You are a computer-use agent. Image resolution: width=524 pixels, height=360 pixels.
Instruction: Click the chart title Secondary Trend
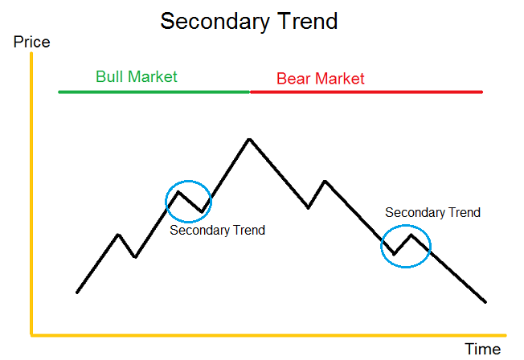(248, 20)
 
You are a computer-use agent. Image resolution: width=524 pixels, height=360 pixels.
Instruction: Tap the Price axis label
(31, 42)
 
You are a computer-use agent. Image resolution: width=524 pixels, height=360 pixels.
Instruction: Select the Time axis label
(482, 348)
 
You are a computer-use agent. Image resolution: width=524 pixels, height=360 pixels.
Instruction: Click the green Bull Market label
(136, 77)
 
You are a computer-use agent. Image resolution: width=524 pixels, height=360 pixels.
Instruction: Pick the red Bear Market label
(320, 79)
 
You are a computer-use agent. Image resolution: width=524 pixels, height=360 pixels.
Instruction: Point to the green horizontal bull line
(153, 92)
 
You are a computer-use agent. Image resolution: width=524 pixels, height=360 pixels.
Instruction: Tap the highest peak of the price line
(250, 139)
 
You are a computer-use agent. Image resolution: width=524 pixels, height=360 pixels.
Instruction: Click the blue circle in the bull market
(188, 201)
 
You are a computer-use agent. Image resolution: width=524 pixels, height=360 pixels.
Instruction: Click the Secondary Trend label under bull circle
(217, 231)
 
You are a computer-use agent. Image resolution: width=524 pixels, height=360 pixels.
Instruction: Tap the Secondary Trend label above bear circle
(432, 213)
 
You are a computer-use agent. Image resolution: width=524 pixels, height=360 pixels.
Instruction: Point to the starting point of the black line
(77, 292)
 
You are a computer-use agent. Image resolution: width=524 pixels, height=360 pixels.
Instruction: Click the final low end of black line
(485, 302)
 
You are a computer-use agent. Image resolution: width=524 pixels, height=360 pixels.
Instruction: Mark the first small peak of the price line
(119, 235)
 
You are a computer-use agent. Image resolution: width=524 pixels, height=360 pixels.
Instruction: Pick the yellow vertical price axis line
(31, 193)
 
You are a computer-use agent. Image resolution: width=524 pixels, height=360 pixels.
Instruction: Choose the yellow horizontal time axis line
(265, 333)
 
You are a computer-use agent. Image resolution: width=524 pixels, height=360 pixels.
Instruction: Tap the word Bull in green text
(109, 77)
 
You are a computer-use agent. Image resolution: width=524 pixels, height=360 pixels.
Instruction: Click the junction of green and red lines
(250, 92)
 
